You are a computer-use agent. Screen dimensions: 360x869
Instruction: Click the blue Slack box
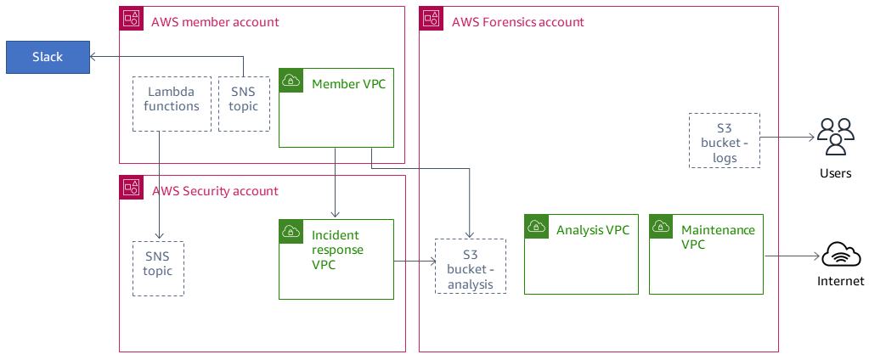[x=48, y=57]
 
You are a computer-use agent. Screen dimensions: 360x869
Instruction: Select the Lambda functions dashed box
[x=172, y=104]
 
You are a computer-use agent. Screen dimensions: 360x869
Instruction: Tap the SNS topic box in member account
[x=244, y=104]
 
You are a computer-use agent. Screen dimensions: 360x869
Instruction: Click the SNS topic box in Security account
[x=158, y=268]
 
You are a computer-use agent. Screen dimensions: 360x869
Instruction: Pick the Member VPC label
[x=348, y=83]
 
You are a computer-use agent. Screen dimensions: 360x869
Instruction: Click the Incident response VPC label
[x=337, y=250]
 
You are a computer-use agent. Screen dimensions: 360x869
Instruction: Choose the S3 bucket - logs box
[x=724, y=140]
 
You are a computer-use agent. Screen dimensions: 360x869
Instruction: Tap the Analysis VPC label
[x=592, y=229]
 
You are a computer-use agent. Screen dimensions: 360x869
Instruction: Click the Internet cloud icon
[x=840, y=255]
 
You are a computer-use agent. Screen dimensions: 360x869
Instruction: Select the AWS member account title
[x=215, y=21]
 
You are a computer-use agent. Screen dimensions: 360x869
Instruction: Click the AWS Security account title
[x=215, y=190]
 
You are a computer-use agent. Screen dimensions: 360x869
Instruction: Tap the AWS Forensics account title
[x=517, y=21]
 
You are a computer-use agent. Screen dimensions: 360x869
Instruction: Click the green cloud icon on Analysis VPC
[x=536, y=226]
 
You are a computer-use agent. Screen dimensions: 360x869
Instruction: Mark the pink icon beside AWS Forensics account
[x=431, y=18]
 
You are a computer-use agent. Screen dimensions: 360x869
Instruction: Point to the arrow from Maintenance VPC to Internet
[x=792, y=255]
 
